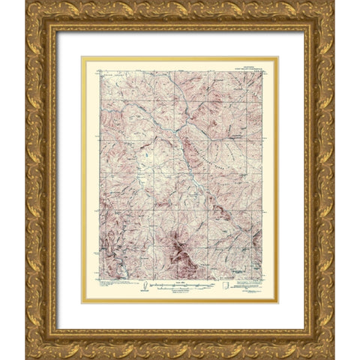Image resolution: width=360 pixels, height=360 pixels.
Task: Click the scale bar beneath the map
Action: pos(180,286)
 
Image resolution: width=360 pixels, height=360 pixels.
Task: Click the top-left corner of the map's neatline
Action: pos(98,70)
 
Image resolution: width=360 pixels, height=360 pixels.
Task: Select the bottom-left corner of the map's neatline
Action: pos(98,278)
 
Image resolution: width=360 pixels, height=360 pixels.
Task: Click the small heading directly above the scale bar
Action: pos(179,282)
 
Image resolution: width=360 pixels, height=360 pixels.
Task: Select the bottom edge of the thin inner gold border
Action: pos(180,303)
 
